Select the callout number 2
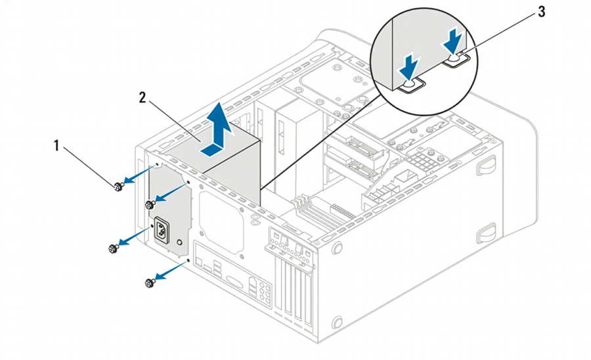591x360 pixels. pyautogui.click(x=142, y=98)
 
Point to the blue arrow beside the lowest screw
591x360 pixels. pyautogui.click(x=169, y=271)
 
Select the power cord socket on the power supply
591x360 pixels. pyautogui.click(x=160, y=231)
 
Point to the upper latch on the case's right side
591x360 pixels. pyautogui.click(x=487, y=166)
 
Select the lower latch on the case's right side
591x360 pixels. pyautogui.click(x=486, y=231)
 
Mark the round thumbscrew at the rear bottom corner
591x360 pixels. pyautogui.click(x=338, y=322)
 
